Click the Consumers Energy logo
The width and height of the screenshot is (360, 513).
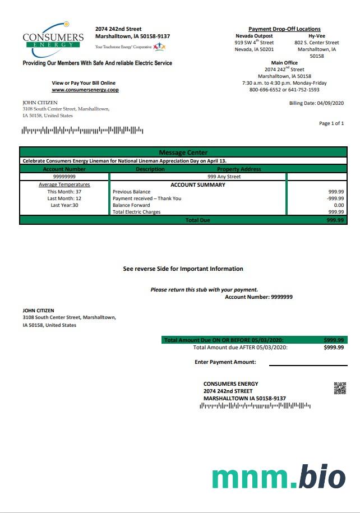click(53, 39)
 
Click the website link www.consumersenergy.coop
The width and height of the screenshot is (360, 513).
click(85, 90)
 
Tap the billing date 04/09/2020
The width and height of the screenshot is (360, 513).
click(316, 103)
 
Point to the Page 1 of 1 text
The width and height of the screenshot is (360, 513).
click(331, 123)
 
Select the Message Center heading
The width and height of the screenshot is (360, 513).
click(183, 152)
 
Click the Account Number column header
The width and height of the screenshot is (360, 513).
click(64, 169)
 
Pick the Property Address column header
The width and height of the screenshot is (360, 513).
click(239, 169)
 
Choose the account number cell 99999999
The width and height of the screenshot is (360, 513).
click(64, 177)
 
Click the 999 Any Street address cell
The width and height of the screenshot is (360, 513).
click(224, 177)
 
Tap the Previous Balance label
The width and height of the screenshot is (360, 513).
click(131, 192)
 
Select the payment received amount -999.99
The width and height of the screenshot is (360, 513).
click(335, 198)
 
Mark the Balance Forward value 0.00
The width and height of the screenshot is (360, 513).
click(338, 205)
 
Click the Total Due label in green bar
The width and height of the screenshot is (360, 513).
click(197, 220)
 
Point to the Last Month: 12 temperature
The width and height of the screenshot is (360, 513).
click(64, 198)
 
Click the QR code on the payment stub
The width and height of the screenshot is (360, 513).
click(340, 388)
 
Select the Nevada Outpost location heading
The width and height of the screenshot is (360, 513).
click(254, 36)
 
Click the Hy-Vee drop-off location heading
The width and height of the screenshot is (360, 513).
click(317, 36)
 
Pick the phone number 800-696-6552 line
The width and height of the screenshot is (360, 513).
click(284, 90)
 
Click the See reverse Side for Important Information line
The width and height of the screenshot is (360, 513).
click(183, 269)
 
